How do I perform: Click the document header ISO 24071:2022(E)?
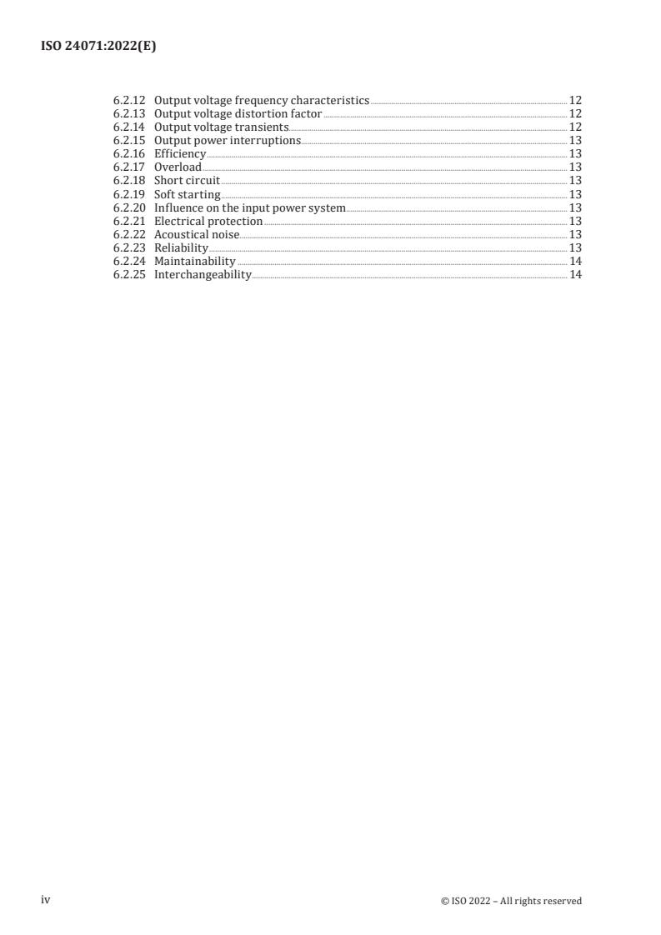98,47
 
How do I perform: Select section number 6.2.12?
128,100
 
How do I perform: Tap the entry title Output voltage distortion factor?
238,113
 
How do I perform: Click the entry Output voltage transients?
221,127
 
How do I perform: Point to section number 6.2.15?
128,140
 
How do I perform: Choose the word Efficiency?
179,154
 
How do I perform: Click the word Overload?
178,167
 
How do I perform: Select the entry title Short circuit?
187,181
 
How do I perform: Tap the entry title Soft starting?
188,194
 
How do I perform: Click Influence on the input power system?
249,207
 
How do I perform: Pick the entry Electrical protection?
208,221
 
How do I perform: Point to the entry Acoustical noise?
197,235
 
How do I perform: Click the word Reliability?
181,248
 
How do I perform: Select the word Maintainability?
195,262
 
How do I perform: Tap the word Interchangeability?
203,275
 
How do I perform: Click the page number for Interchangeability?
575,275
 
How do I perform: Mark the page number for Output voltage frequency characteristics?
575,100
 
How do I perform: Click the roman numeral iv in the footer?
46,899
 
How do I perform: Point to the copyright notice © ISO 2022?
511,901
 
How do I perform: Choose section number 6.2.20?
128,207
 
